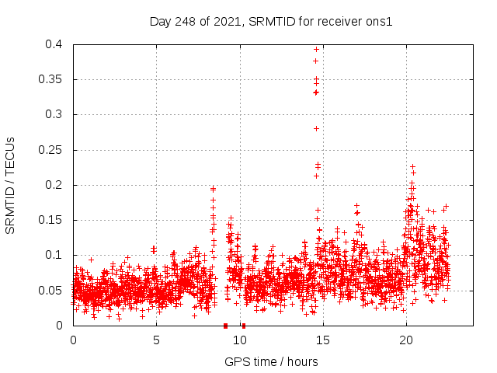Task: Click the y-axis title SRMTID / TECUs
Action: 10,185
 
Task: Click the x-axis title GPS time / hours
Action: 271,361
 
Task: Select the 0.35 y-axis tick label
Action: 52,79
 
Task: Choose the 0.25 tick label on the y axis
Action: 52,150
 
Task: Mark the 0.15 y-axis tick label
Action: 52,220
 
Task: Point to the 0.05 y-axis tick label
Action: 52,291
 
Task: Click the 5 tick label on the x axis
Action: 156,340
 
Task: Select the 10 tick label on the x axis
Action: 239,340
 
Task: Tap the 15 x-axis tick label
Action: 323,340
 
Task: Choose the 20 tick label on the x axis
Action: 406,340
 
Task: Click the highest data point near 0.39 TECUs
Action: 316,49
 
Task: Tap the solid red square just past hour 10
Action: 243,326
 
